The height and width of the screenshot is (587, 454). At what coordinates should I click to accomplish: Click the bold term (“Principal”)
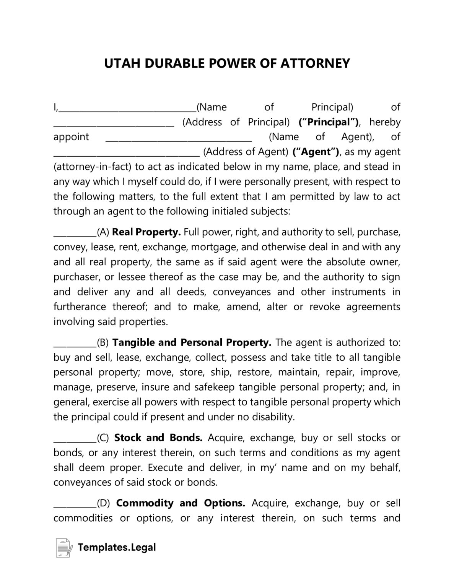pyautogui.click(x=329, y=122)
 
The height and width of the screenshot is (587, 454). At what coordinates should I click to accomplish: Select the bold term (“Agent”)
pyautogui.click(x=316, y=152)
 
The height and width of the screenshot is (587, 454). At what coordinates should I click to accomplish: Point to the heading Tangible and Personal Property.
pyautogui.click(x=192, y=342)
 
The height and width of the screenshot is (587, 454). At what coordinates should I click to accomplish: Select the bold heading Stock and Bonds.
pyautogui.click(x=158, y=438)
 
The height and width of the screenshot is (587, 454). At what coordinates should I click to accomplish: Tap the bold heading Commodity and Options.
pyautogui.click(x=181, y=503)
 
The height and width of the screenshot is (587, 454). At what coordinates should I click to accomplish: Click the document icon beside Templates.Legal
pyautogui.click(x=64, y=548)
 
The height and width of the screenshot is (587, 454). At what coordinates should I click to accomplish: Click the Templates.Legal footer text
pyautogui.click(x=117, y=547)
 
